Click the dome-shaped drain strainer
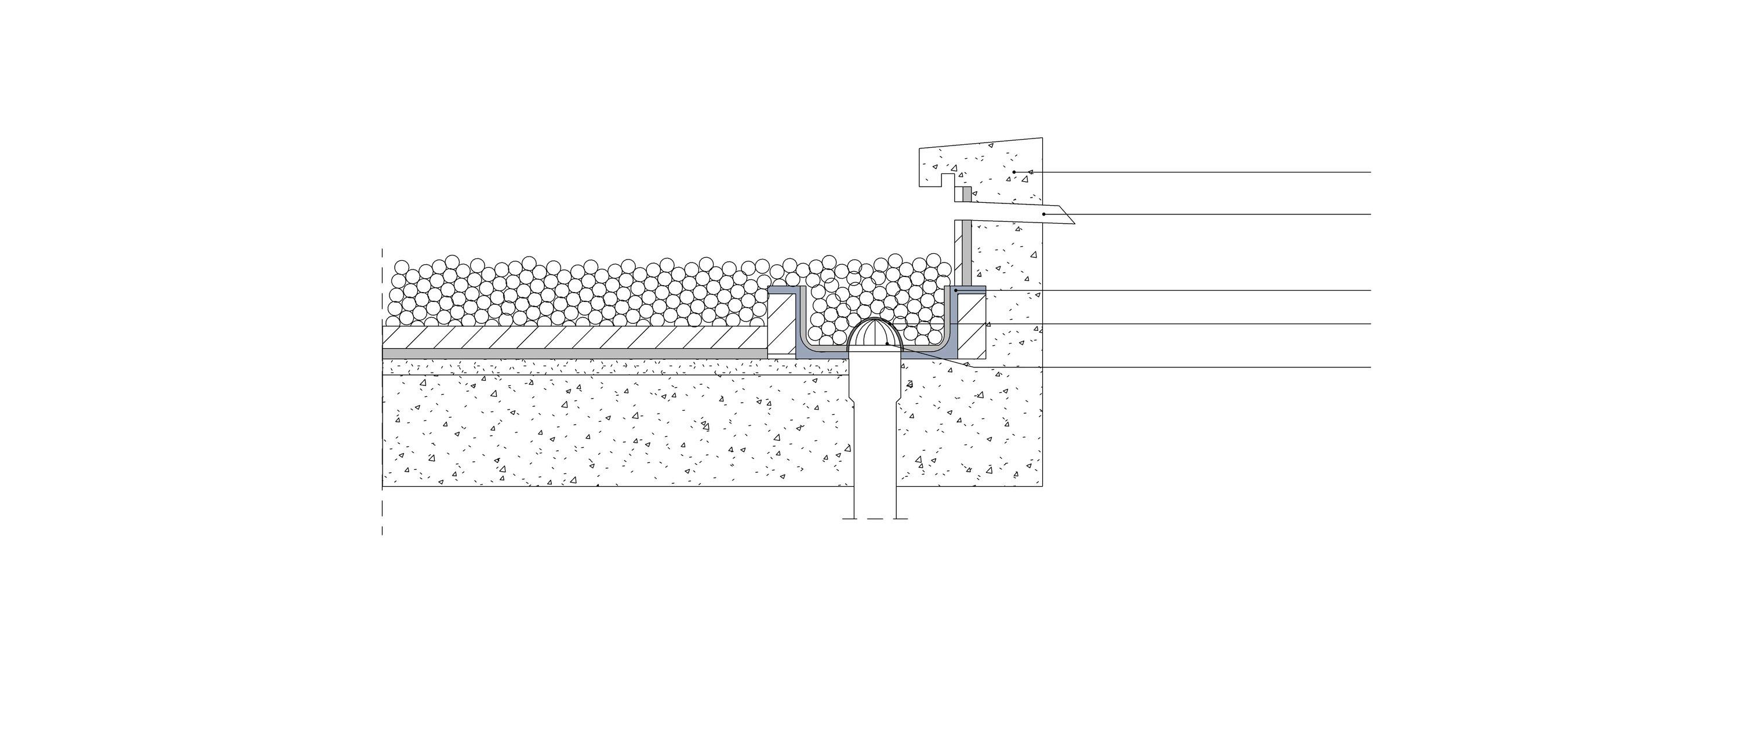[x=875, y=335]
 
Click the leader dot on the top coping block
[x=1014, y=172]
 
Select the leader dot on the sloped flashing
[x=1045, y=214]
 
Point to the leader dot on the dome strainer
[x=886, y=344]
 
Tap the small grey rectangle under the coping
[x=966, y=194]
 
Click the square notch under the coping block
[x=948, y=180]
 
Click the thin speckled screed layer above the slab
[x=607, y=366]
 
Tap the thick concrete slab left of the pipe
[x=607, y=432]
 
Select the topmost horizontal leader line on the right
[x=1215, y=172]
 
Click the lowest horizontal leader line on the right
[x=1215, y=367]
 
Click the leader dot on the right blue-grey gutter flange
[x=955, y=291]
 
